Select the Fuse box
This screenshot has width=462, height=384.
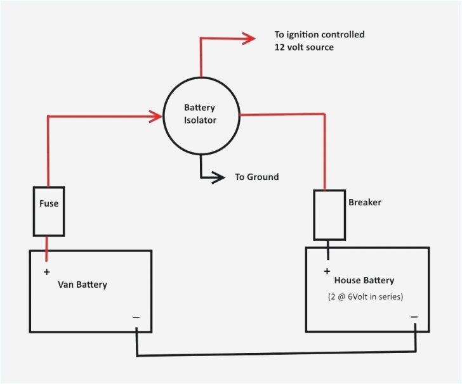click(48, 211)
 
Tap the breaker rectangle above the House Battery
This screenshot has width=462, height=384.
click(329, 215)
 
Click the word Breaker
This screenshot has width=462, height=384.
click(365, 203)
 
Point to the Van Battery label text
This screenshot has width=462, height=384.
click(82, 285)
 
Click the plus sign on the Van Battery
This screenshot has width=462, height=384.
click(46, 272)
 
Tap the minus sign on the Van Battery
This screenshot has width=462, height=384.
click(136, 317)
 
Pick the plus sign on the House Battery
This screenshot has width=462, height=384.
click(327, 271)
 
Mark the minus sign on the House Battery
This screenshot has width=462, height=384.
click(414, 316)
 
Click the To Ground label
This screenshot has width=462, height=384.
click(256, 177)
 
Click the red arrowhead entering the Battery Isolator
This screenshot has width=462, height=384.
click(155, 117)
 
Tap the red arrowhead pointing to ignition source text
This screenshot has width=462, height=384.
click(247, 39)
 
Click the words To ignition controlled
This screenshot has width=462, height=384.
click(319, 35)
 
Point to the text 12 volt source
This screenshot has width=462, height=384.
click(303, 48)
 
